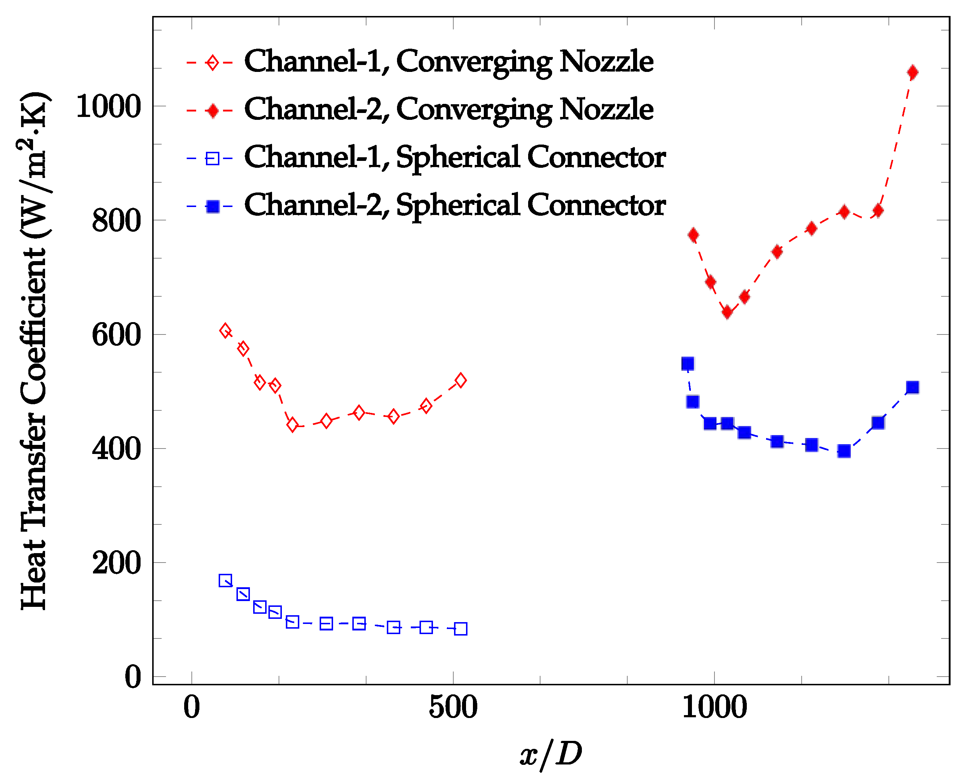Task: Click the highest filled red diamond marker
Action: (x=912, y=73)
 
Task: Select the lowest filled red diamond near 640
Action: (x=727, y=312)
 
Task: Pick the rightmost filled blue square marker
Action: (x=912, y=387)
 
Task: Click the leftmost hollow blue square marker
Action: (x=225, y=580)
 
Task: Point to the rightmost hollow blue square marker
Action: (x=460, y=629)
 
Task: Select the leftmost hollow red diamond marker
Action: (x=226, y=330)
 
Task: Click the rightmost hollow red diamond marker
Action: (x=460, y=380)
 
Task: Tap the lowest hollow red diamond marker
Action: (x=292, y=425)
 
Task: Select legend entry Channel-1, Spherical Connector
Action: (x=455, y=158)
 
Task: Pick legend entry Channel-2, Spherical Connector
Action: (x=455, y=206)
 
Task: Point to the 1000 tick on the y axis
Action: (x=108, y=106)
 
